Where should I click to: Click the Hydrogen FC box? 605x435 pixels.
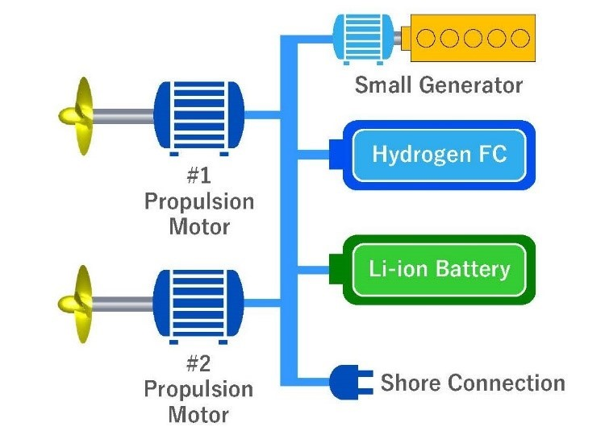pyautogui.click(x=440, y=155)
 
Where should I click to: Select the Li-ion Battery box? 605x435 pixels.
pyautogui.click(x=440, y=269)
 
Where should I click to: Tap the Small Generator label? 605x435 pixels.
pyautogui.click(x=439, y=85)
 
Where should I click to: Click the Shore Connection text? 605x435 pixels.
pyautogui.click(x=473, y=383)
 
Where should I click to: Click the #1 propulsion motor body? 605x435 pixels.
pyautogui.click(x=198, y=117)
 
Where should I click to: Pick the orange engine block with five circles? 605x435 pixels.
pyautogui.click(x=473, y=37)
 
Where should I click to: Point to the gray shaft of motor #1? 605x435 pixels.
pyautogui.click(x=125, y=117)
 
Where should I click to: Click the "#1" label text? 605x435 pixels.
pyautogui.click(x=198, y=175)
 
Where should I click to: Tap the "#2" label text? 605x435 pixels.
pyautogui.click(x=198, y=363)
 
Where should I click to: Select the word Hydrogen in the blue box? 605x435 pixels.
pyautogui.click(x=407, y=155)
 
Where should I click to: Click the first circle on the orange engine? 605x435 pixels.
pyautogui.click(x=428, y=37)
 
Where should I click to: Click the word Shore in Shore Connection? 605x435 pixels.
pyautogui.click(x=407, y=383)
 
